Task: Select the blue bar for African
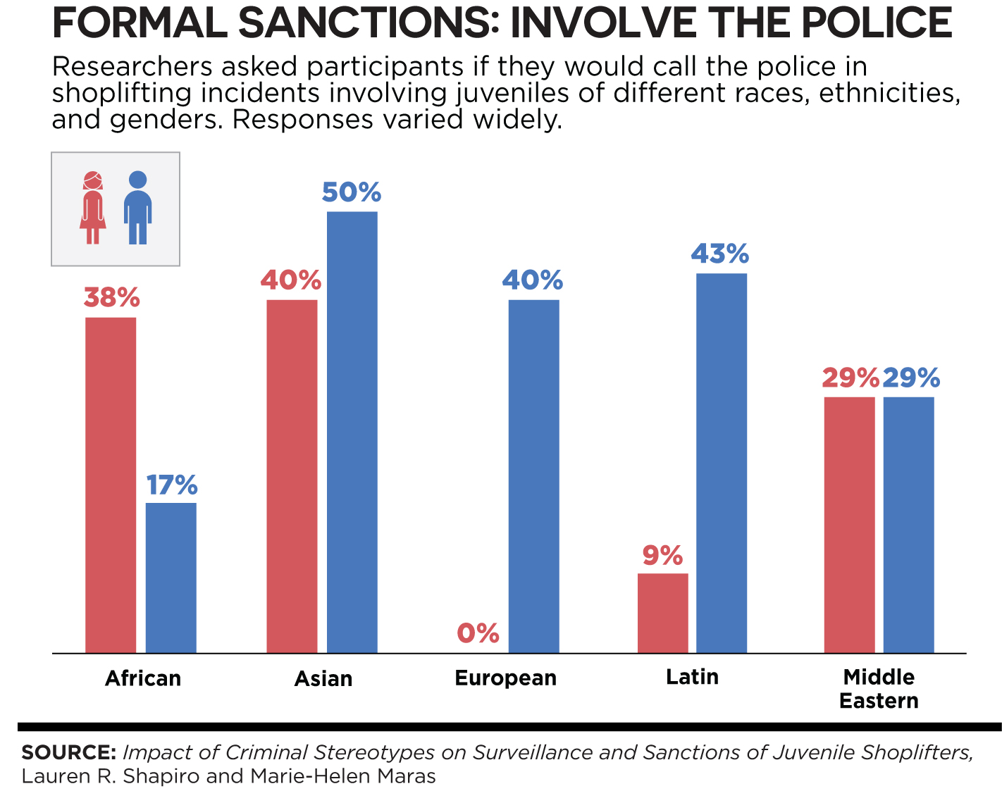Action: (171, 578)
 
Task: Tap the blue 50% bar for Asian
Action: (352, 432)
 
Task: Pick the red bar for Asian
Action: (292, 476)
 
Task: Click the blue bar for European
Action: (534, 476)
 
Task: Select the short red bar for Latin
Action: (663, 613)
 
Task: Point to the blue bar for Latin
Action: (722, 463)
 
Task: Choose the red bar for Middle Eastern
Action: (850, 525)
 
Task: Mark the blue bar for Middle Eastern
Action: (909, 525)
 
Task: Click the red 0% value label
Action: (478, 633)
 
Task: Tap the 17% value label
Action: (172, 485)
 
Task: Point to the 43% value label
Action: (719, 254)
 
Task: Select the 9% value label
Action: (662, 556)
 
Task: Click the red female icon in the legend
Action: (93, 208)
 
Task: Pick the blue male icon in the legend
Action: (138, 208)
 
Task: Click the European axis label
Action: (506, 678)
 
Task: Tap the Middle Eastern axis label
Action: (879, 689)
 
